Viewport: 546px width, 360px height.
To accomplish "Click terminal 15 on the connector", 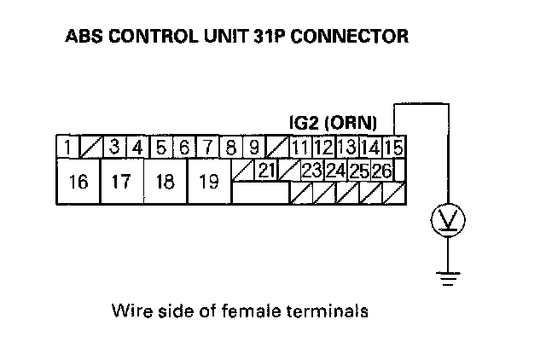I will pos(393,148).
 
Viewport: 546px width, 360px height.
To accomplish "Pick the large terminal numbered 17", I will pos(121,182).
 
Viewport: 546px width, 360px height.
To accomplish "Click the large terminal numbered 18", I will pos(165,182).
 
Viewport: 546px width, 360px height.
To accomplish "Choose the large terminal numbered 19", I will pos(208,182).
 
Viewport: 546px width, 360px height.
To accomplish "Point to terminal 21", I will pos(266,171).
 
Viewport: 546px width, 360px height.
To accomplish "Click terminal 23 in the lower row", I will pos(311,171).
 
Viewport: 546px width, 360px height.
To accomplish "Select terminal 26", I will pos(381,171).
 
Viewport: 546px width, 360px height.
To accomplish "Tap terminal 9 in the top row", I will pos(253,147).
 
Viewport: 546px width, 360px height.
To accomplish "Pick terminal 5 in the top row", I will pos(161,147).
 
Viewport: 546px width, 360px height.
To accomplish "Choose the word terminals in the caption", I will pos(335,311).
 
